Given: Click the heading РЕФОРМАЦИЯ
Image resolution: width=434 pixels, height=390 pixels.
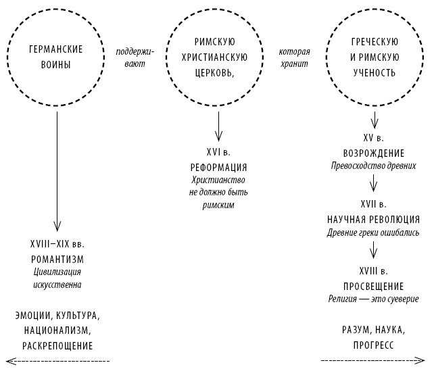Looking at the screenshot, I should [218, 167].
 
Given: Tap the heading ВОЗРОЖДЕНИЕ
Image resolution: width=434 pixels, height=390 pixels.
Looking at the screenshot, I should [373, 152].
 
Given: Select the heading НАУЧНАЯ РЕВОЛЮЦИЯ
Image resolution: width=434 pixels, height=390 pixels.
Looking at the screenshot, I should [373, 219].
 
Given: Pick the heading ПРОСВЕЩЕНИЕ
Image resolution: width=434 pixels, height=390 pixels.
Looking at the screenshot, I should [373, 286].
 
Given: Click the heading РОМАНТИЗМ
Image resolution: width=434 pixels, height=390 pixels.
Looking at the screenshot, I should [57, 259].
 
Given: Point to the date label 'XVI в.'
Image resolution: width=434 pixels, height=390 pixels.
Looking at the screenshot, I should [218, 152].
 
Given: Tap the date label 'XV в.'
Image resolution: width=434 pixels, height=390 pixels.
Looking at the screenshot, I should [373, 139].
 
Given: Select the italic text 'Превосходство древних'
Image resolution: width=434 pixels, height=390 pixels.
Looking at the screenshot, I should [373, 166].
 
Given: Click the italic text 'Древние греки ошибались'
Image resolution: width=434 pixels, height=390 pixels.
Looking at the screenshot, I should [373, 233].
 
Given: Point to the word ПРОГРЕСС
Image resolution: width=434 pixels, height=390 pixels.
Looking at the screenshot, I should [373, 345].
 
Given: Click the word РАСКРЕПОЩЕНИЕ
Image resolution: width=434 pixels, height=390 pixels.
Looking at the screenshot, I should [57, 345].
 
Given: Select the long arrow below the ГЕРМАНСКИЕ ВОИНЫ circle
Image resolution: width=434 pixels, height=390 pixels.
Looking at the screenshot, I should [57, 169].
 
